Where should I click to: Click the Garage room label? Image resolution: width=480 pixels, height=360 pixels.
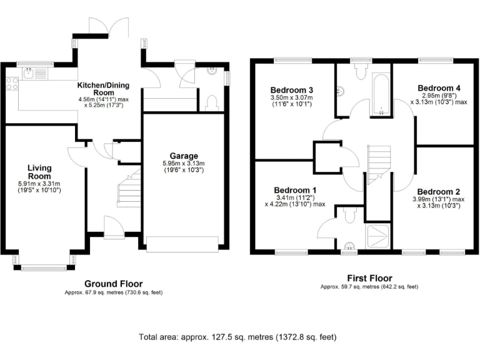coord(184,156)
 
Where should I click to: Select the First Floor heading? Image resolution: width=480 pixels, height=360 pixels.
coord(369,278)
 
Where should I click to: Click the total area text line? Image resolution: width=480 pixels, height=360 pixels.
coord(237,337)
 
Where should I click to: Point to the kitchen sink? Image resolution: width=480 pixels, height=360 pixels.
coord(28,74)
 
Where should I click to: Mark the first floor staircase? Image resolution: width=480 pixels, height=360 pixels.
coord(378,164)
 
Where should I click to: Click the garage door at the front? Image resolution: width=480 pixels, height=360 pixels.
coord(182,244)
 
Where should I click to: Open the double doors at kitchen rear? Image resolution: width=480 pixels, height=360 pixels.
coord(101,26)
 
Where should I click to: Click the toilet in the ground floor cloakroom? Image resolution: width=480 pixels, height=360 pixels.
coord(212,102)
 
